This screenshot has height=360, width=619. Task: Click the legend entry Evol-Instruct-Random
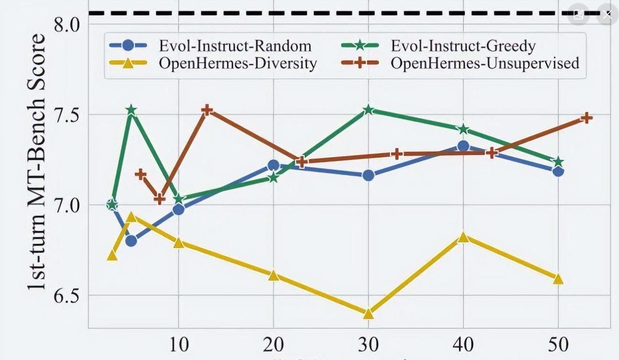[235, 46]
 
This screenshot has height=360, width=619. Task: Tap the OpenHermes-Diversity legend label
[238, 63]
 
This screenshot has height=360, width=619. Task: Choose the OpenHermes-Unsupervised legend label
[484, 63]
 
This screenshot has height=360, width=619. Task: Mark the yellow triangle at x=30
[368, 314]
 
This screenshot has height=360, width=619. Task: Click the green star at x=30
[369, 110]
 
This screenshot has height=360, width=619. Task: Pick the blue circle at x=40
[463, 146]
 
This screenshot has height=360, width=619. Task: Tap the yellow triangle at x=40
[463, 237]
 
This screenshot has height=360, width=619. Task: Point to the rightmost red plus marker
[586, 118]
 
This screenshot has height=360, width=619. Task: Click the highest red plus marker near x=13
[207, 110]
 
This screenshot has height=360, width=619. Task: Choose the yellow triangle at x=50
[558, 279]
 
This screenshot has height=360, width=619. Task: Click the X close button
[606, 14]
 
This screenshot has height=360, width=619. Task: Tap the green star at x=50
[558, 161]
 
